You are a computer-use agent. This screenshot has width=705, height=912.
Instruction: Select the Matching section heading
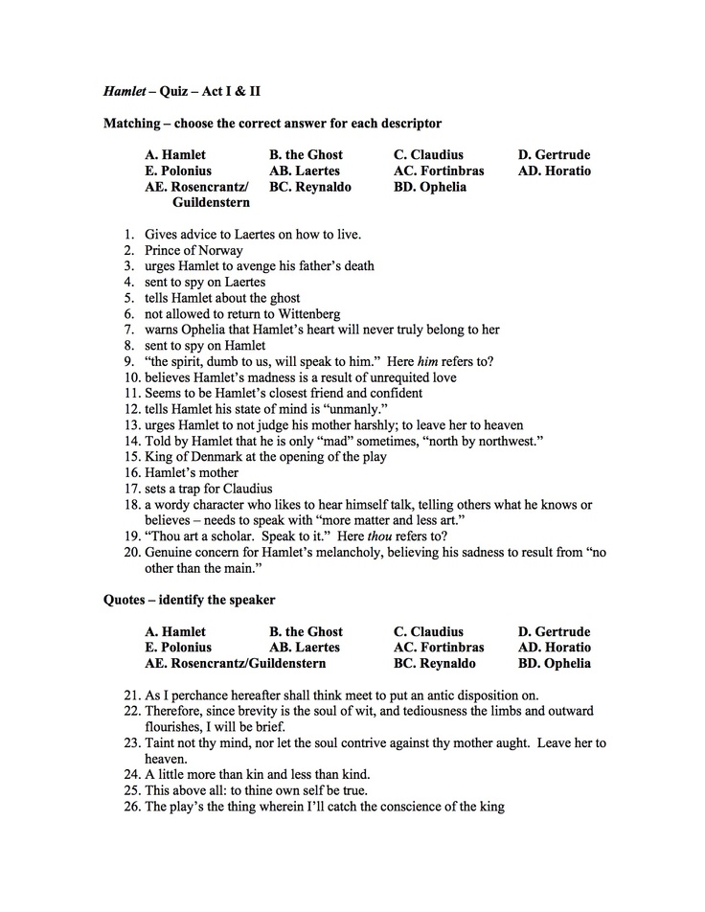272,124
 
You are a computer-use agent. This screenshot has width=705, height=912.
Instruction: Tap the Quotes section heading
189,600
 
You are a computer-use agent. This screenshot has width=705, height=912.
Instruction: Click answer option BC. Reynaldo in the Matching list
309,187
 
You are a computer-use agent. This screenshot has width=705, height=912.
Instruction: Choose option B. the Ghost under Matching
306,154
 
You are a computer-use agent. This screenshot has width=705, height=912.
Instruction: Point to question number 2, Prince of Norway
193,250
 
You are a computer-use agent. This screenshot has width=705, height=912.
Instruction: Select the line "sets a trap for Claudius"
209,489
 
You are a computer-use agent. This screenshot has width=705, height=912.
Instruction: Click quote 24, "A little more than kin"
257,774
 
